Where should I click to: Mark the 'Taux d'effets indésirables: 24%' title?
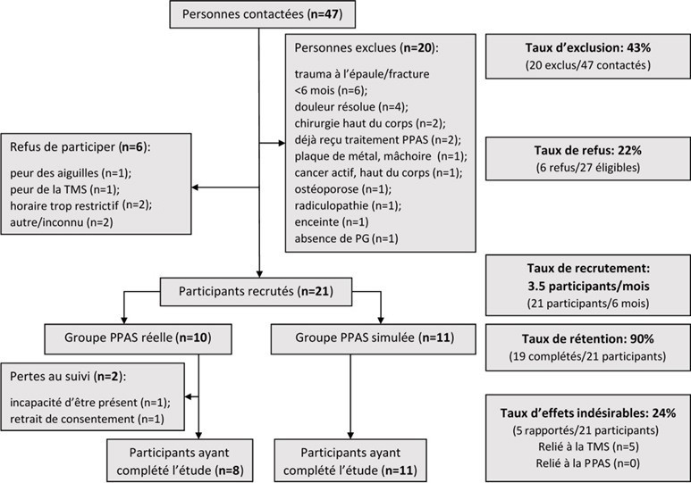pyautogui.click(x=587, y=413)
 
